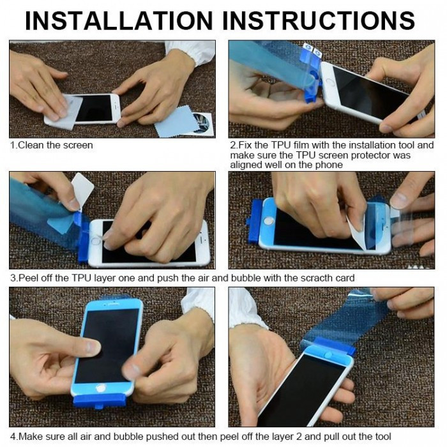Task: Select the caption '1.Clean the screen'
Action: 51,146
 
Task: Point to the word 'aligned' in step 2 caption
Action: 247,165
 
